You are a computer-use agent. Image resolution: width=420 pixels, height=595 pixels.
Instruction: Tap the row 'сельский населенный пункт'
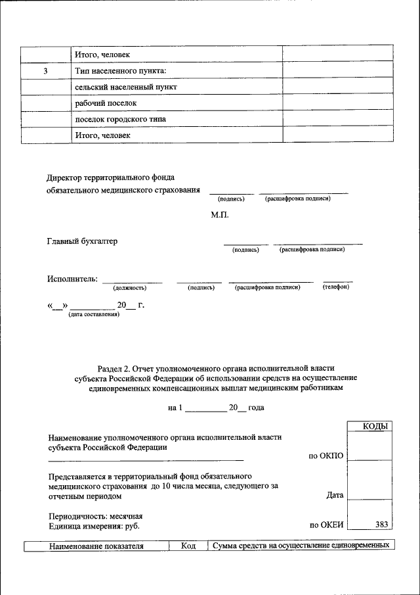pos(127,87)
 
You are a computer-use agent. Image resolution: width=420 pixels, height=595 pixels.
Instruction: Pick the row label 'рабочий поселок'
pos(106,103)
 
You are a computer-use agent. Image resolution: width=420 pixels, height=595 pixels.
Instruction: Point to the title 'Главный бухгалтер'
pos(82,241)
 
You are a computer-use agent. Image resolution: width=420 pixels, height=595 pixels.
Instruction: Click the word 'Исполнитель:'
pos(72,279)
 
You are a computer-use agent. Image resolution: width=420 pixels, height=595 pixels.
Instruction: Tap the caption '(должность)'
pos(129,287)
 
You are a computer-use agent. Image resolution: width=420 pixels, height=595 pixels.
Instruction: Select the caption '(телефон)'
pos(335,287)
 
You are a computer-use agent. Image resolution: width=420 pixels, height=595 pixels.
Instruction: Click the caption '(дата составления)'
pos(93,315)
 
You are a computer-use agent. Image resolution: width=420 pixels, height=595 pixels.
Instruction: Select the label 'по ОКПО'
pos(326,456)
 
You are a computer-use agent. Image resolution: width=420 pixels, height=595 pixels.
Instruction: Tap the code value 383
pos(381,525)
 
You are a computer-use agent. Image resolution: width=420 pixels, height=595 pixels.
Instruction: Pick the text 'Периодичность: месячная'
pos(96,516)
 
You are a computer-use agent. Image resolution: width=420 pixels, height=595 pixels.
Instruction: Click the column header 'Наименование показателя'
pos(96,546)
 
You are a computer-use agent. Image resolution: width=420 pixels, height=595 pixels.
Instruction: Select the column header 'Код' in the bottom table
pos(188,546)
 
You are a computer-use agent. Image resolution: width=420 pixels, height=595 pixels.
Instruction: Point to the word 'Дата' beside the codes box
pos(335,496)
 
